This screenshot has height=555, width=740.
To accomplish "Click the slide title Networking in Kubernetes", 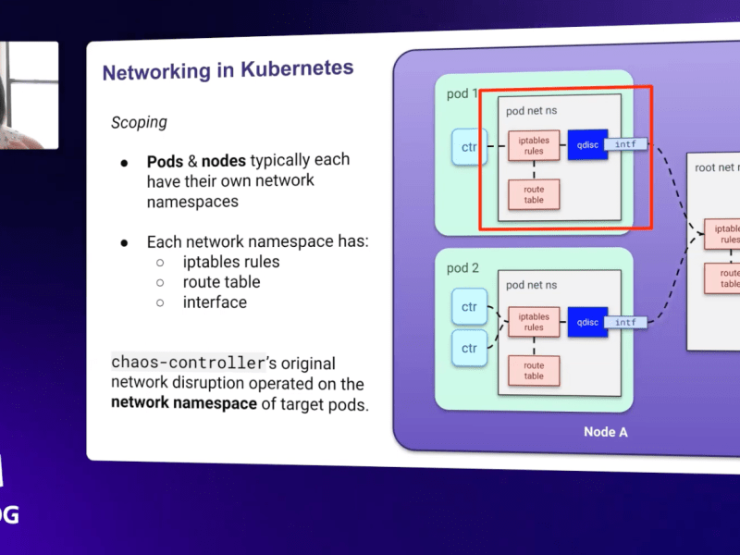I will (228, 70).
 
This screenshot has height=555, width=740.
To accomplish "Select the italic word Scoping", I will (139, 122).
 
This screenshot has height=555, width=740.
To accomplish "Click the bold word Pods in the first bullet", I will (165, 161).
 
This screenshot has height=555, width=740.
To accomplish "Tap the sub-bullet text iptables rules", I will (230, 262).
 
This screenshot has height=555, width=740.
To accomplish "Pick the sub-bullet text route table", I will (221, 282).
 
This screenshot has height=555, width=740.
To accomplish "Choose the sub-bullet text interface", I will (215, 302).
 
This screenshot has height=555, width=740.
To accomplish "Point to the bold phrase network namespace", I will (183, 403).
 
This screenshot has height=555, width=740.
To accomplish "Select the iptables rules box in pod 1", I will (534, 146).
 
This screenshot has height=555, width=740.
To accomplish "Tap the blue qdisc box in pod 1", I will (587, 145).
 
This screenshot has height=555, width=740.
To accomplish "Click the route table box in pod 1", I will (534, 194).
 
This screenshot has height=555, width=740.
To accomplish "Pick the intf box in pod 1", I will (626, 144).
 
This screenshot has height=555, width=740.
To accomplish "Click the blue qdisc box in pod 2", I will (587, 322).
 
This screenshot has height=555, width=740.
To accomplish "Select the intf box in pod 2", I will (626, 322).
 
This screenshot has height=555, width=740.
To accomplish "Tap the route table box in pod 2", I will (534, 370).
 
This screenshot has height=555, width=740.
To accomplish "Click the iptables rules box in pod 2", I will (534, 322).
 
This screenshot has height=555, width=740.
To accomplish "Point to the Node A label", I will (605, 432).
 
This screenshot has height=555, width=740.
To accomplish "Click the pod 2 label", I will (462, 268).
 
